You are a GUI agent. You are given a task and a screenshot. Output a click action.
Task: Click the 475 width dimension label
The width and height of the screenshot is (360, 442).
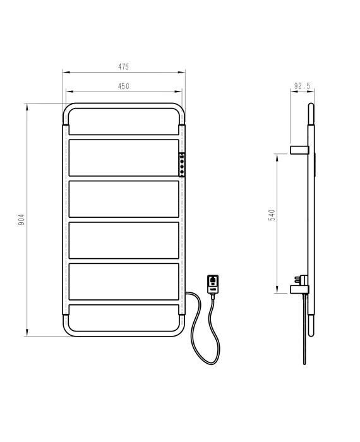[123, 66]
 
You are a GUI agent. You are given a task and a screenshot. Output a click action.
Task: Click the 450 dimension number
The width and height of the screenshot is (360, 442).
[124, 86]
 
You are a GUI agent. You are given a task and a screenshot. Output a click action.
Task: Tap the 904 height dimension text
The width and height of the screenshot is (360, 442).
[21, 220]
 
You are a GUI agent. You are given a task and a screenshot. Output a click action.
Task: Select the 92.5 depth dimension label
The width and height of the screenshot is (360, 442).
[302, 86]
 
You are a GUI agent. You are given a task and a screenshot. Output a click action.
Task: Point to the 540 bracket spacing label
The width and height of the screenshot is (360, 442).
[272, 215]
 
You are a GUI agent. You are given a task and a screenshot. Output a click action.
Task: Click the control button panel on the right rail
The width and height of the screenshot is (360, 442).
[182, 165]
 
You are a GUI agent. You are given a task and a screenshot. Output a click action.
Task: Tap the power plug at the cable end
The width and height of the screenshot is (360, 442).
[213, 285]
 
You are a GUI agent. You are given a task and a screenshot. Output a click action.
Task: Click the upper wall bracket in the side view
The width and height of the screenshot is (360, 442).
[299, 150]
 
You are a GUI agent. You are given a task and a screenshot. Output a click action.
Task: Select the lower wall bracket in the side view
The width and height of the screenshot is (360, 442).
[299, 289]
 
